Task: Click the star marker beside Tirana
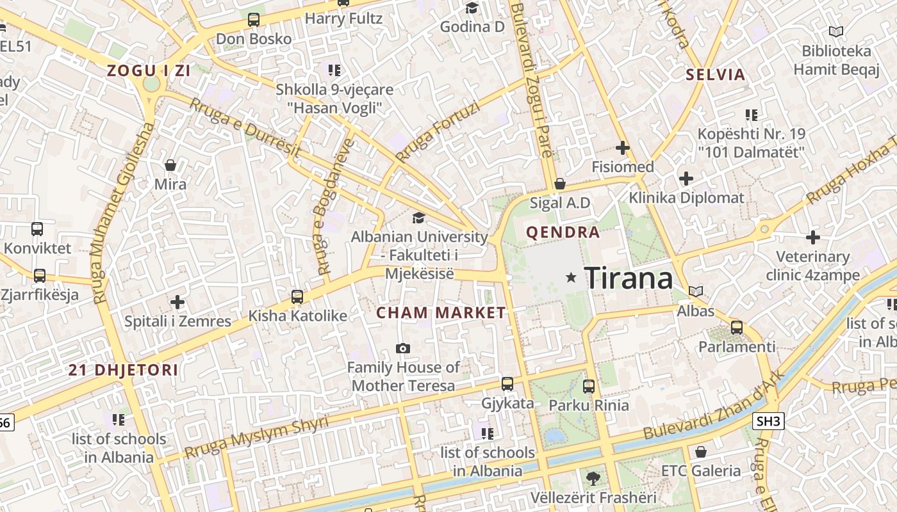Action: point(571,277)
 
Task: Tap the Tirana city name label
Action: point(629,278)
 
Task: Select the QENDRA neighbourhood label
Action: point(563,232)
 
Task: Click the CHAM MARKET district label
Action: point(441,313)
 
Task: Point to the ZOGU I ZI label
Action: point(149,71)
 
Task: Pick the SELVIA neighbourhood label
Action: point(716,75)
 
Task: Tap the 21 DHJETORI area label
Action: point(124,370)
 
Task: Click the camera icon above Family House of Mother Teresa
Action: point(403,348)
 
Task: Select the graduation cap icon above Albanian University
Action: point(418,218)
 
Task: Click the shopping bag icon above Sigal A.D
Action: point(560,184)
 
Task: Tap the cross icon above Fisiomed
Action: point(623,148)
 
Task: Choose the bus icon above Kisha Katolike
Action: point(297,297)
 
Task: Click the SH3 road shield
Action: point(768,420)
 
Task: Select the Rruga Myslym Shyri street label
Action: point(256,437)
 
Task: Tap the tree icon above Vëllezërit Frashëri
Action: point(593,478)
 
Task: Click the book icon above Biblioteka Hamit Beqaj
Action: point(836,31)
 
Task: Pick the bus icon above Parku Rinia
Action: point(589,387)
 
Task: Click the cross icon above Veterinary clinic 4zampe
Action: point(813,237)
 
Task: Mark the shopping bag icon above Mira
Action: point(170,166)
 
